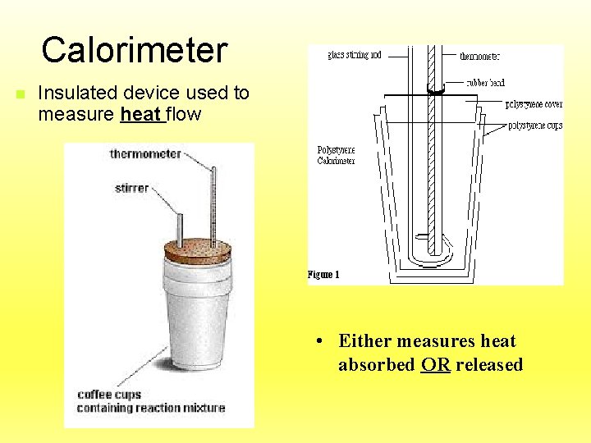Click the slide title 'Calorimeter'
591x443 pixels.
(x=134, y=50)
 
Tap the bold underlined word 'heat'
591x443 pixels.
(x=141, y=114)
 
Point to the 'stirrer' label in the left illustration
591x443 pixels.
(x=131, y=188)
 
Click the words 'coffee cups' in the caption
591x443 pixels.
(x=110, y=395)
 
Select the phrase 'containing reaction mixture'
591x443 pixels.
(x=150, y=408)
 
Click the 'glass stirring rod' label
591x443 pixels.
(x=355, y=56)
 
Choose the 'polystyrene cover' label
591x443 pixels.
(x=534, y=105)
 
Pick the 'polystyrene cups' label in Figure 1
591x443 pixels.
(x=535, y=126)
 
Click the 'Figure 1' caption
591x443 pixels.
(x=323, y=274)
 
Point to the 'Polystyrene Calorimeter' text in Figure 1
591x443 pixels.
(x=336, y=155)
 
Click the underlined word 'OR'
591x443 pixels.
(x=435, y=365)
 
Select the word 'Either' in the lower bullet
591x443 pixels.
(x=364, y=341)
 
